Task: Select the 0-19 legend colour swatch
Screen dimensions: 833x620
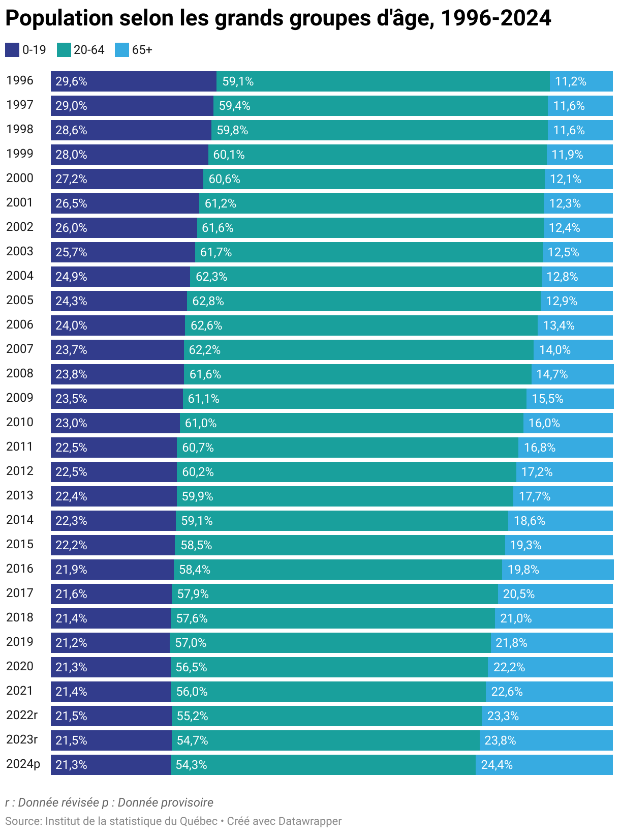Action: tap(12, 50)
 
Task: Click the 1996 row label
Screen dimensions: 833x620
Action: tap(20, 81)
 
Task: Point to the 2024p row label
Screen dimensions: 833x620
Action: tap(23, 764)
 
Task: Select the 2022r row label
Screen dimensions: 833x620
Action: tap(22, 716)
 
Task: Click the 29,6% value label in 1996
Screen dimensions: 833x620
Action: tap(71, 81)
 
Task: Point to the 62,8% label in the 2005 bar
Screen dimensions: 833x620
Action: tap(208, 301)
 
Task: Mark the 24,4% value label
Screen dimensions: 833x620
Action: tap(497, 765)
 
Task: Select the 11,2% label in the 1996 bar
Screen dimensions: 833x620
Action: tap(570, 81)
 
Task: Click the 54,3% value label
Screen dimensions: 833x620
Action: tap(191, 765)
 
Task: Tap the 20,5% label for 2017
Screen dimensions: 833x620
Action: tap(518, 594)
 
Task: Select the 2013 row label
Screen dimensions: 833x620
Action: tap(20, 496)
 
